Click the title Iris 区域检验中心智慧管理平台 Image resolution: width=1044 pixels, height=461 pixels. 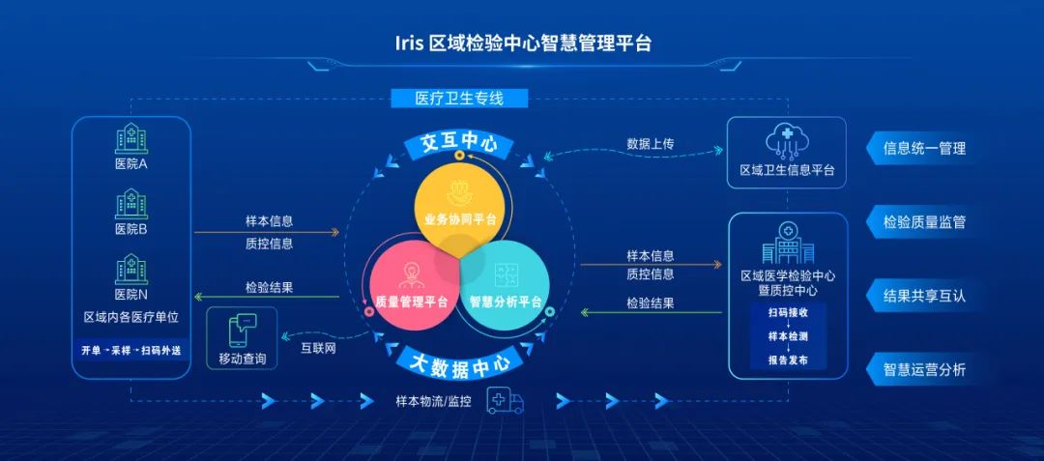[523, 43]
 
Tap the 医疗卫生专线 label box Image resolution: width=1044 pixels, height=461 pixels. [459, 98]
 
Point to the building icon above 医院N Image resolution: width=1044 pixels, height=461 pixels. [130, 268]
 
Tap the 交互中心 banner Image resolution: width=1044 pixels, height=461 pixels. [459, 144]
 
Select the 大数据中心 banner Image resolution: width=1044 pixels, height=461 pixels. [459, 362]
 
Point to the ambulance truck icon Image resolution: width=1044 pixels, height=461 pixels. [506, 400]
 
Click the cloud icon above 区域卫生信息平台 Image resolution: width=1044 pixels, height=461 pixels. [786, 141]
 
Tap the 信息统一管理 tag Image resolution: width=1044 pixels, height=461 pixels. [924, 149]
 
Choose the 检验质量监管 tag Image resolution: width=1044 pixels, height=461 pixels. [924, 222]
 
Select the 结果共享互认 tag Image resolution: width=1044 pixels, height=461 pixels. [924, 296]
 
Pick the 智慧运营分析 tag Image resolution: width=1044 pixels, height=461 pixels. [924, 369]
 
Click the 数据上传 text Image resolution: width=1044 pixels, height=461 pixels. [650, 143]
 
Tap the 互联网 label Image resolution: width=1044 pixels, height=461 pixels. [318, 348]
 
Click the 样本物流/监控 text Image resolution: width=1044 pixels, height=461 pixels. [433, 400]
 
